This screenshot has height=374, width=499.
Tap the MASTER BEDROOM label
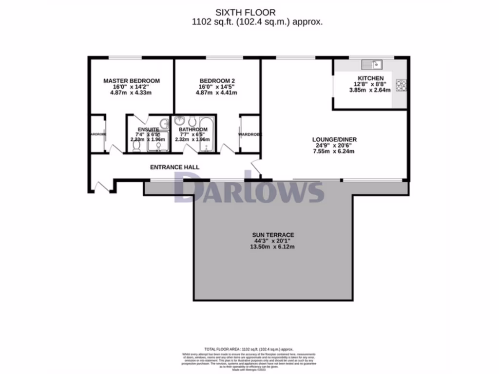(x=132, y=80)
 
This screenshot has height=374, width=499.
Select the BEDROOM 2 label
(x=217, y=80)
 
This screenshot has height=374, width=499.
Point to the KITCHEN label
(x=371, y=78)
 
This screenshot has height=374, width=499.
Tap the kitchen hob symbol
(x=403, y=85)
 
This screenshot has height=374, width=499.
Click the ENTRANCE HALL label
(x=174, y=167)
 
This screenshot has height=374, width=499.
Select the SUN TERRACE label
(x=273, y=235)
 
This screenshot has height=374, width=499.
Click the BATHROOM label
(x=193, y=130)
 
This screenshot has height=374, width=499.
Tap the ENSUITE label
(x=148, y=130)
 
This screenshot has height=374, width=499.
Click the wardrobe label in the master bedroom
(x=98, y=134)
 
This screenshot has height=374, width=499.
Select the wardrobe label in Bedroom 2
(x=250, y=134)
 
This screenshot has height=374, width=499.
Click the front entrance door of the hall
(x=101, y=186)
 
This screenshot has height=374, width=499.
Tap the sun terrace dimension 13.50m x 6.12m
(x=273, y=247)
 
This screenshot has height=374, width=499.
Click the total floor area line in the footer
(x=249, y=349)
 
